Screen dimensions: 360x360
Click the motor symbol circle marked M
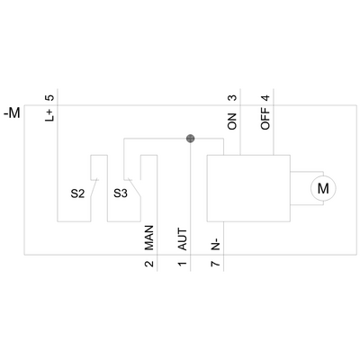[x=321, y=188]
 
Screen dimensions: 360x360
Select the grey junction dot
[x=190, y=139]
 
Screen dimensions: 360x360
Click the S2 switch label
[x=78, y=192]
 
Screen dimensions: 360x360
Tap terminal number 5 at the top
[x=50, y=96]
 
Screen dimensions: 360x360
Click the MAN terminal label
[x=148, y=238]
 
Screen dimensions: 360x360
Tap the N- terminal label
[x=215, y=241]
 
